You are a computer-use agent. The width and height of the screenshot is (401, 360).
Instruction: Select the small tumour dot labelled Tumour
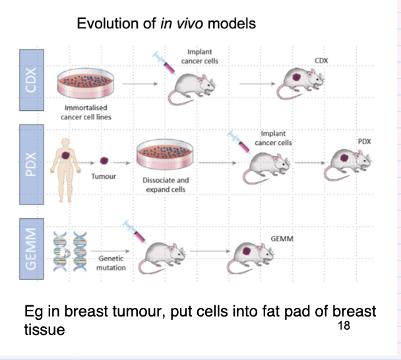coord(104,160)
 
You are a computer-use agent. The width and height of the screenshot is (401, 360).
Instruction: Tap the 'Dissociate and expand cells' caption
coord(166,185)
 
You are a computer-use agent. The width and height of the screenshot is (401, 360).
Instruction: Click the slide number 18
coord(343,326)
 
